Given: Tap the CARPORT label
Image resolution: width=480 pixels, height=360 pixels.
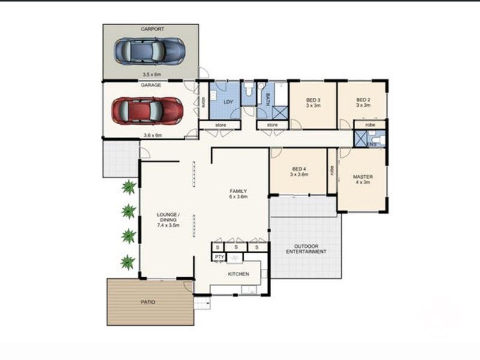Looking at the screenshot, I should pyautogui.click(x=152, y=28).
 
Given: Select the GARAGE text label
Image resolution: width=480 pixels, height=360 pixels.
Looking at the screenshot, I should pyautogui.click(x=150, y=86).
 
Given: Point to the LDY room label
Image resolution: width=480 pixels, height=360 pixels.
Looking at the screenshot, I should pyautogui.click(x=228, y=102).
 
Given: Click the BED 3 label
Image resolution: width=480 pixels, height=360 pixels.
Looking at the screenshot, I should pyautogui.click(x=313, y=100).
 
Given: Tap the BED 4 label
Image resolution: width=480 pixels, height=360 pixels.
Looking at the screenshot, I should pyautogui.click(x=299, y=169).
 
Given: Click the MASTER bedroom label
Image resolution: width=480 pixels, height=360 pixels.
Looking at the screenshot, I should pyautogui.click(x=363, y=177).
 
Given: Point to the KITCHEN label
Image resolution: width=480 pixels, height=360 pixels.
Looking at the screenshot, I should pyautogui.click(x=238, y=274).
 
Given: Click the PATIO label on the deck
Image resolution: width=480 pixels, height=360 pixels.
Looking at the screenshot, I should pyautogui.click(x=148, y=302).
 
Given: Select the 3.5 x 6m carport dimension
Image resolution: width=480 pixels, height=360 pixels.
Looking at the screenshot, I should pyautogui.click(x=152, y=74).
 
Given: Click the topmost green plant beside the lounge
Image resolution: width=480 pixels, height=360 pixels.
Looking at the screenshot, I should pyautogui.click(x=128, y=188).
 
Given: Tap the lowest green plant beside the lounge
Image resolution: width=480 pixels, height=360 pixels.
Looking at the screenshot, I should pyautogui.click(x=128, y=262).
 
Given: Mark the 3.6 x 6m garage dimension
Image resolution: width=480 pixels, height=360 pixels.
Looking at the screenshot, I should pyautogui.click(x=152, y=135).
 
